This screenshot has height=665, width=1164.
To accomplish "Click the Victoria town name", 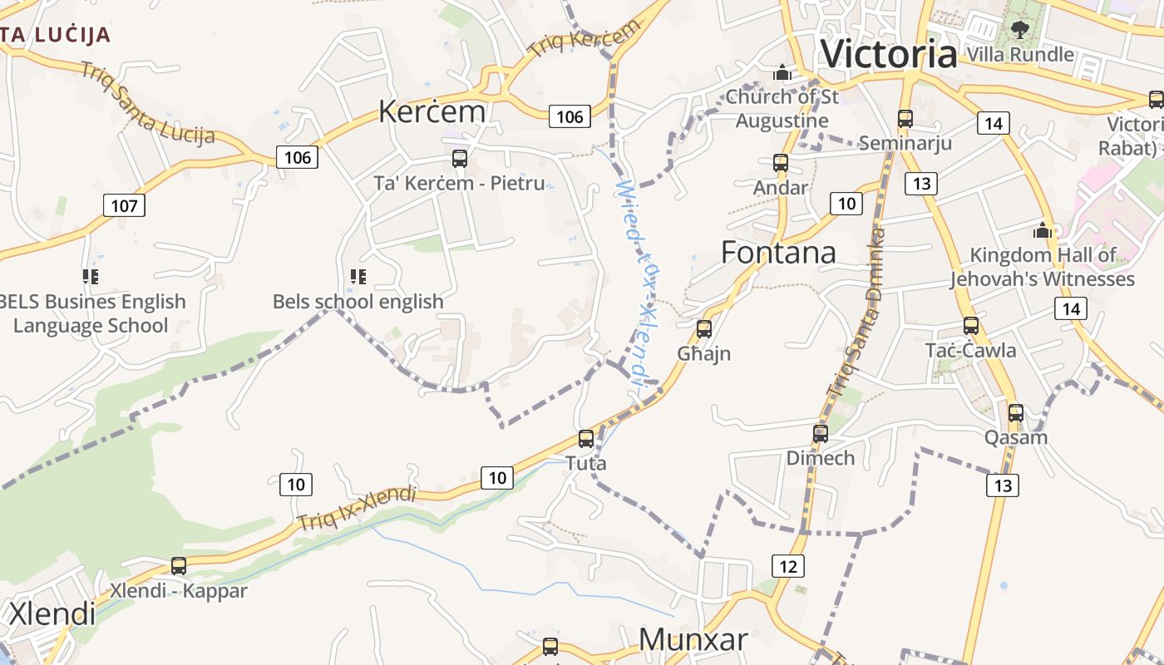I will [x=888, y=54].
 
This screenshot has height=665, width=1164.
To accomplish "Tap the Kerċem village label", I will [x=432, y=111].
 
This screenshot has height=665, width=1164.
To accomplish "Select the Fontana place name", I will [x=778, y=252].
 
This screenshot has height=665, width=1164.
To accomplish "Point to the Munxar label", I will [x=693, y=639].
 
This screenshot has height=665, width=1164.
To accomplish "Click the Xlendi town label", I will [x=52, y=614].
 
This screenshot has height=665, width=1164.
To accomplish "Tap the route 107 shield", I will [x=124, y=204].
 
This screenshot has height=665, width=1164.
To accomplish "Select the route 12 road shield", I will [x=787, y=567].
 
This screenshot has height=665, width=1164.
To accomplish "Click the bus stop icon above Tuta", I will [x=586, y=438].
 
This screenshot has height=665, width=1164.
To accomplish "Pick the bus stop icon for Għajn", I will [x=704, y=329].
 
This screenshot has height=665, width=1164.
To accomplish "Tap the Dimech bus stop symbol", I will [x=821, y=433].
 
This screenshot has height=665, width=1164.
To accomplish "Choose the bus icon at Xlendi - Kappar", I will [x=179, y=566].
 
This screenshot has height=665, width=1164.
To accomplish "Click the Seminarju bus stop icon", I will [x=905, y=119].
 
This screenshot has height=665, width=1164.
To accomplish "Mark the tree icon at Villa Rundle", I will [x=1020, y=30].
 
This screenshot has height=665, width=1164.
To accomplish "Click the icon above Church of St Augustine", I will [x=782, y=73].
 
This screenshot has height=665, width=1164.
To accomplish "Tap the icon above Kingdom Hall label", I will [x=1043, y=230].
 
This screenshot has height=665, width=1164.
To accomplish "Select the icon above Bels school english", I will [x=358, y=276].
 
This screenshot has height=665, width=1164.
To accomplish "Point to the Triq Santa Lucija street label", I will [x=148, y=104].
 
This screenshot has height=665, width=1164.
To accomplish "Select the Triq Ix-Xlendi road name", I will [x=357, y=508].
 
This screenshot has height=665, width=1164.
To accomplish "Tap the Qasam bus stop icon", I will [x=1015, y=412].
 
